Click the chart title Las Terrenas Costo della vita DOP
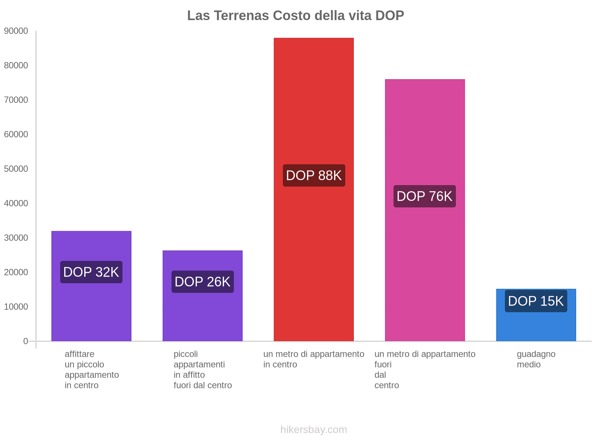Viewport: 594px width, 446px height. [x=296, y=16]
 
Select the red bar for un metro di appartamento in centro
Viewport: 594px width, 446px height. [x=314, y=111]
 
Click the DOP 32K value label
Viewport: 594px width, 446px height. [x=91, y=272]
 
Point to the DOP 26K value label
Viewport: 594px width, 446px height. [x=203, y=282]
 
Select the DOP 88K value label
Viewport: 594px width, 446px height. [x=314, y=175]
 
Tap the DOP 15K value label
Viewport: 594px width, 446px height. [x=536, y=301]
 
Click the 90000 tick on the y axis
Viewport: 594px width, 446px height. [x=16, y=31]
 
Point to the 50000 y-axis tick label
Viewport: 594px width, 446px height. [x=16, y=169]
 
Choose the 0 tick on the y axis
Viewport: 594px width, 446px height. [x=26, y=341]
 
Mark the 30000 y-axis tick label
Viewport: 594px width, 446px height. [x=16, y=238]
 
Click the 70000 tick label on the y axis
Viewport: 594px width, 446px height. [x=16, y=100]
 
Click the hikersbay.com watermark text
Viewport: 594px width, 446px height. [x=314, y=430]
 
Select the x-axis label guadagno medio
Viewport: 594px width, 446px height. [x=536, y=359]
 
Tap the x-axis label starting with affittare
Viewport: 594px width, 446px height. [x=91, y=369]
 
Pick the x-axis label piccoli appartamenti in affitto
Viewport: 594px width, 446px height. [x=203, y=369]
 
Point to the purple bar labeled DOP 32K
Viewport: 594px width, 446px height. [x=91, y=308]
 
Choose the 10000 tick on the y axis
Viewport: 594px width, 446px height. [x=16, y=307]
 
